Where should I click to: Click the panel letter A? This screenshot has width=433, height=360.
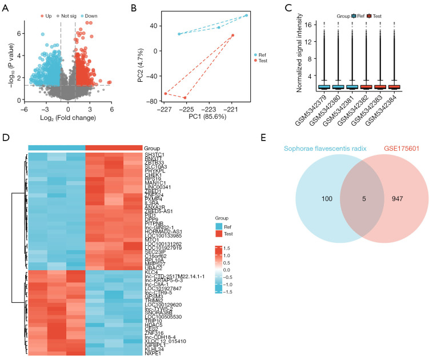(x=6, y=8)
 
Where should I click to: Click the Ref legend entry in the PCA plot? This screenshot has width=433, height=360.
(x=262, y=55)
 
